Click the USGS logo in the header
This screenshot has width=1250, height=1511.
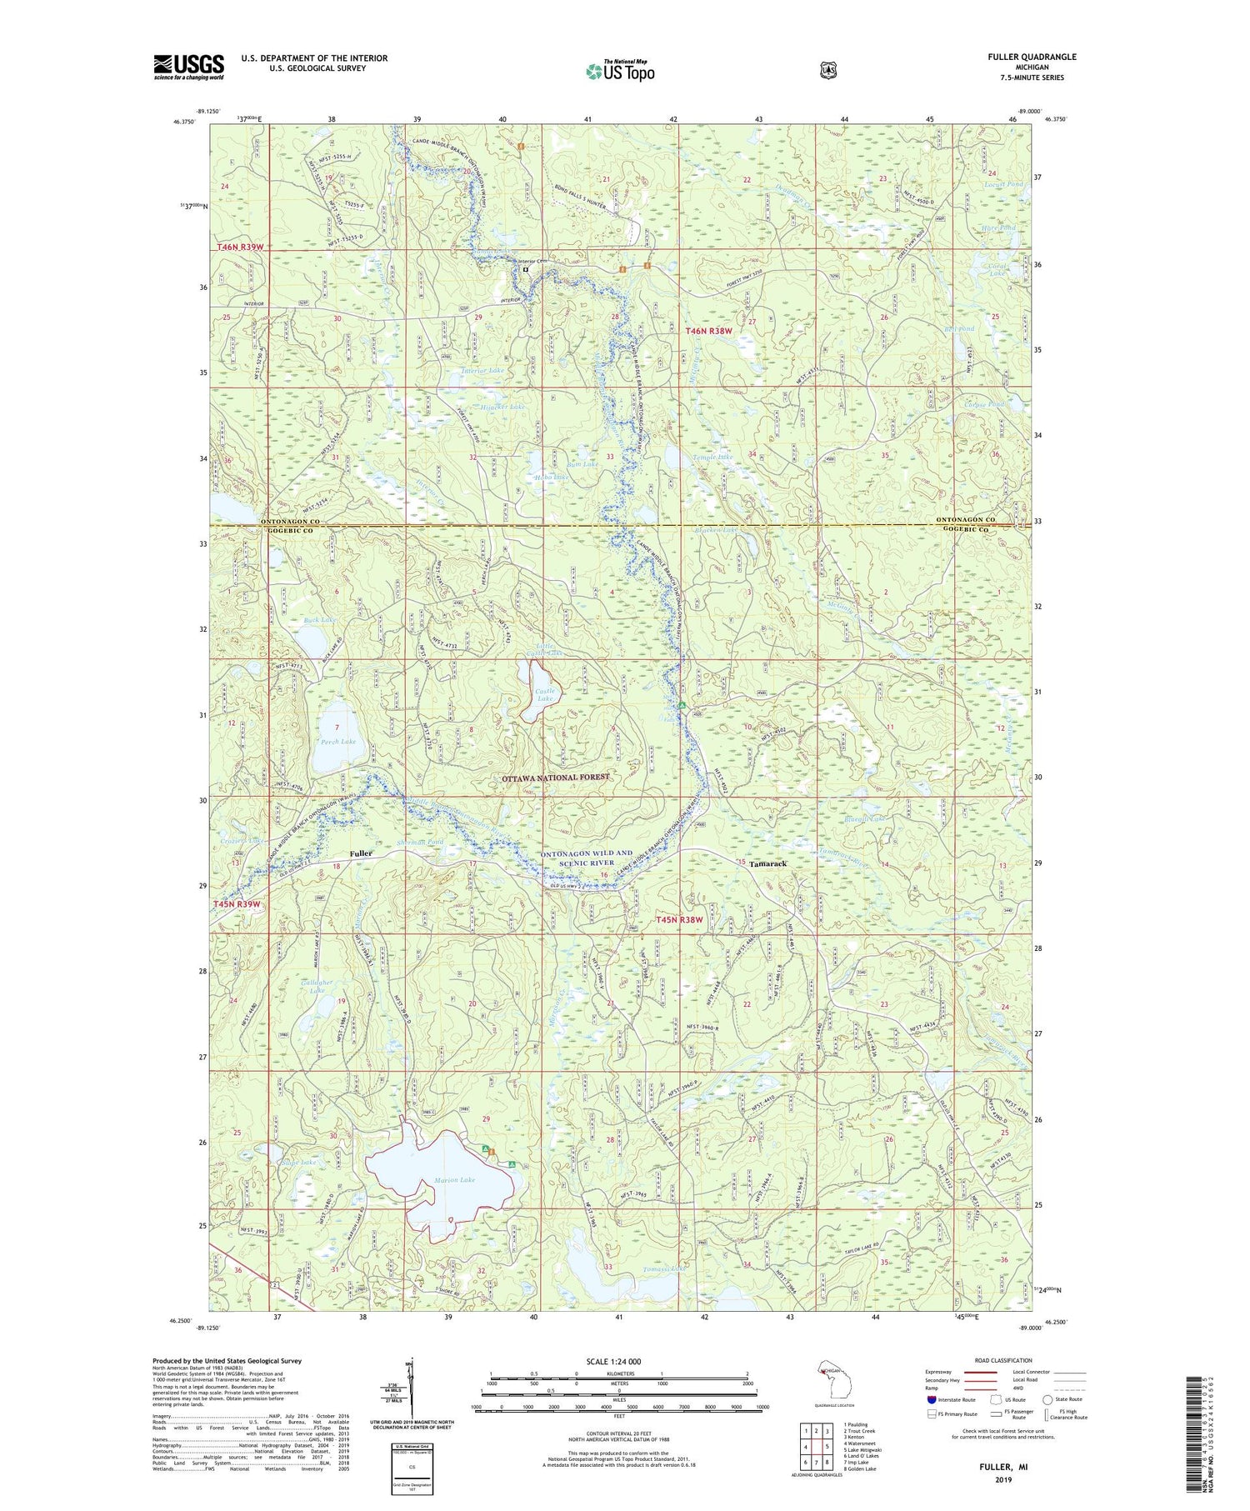point(188,67)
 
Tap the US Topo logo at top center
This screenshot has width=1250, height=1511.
point(620,71)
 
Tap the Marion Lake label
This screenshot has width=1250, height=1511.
point(454,1179)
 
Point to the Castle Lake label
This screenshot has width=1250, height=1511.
point(545,694)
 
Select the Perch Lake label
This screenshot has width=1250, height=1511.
point(338,741)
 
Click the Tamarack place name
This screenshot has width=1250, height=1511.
point(767,864)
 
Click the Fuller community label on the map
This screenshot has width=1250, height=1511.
point(361,853)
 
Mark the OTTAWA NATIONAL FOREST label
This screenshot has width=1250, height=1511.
point(555,778)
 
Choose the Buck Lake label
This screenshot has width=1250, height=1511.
point(320,620)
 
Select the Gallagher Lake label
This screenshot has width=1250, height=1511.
point(316,986)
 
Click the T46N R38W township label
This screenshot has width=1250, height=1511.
point(708,331)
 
